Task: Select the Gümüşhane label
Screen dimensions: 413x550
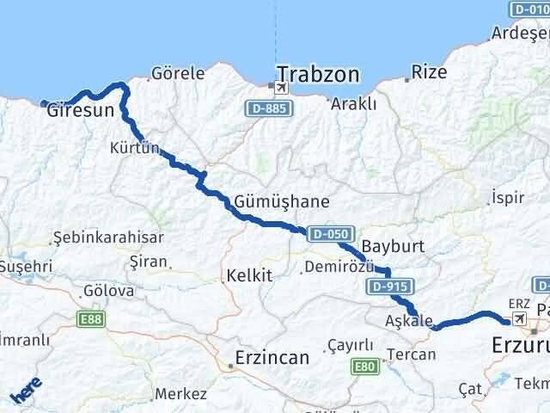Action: click(281, 202)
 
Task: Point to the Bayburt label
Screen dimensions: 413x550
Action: click(394, 246)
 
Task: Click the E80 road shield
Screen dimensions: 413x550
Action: click(365, 367)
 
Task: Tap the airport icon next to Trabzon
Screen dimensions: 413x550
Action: click(274, 86)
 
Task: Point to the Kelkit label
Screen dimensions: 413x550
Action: click(248, 276)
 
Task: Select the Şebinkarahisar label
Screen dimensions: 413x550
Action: click(95, 237)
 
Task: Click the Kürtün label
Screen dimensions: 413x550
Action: click(136, 148)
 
